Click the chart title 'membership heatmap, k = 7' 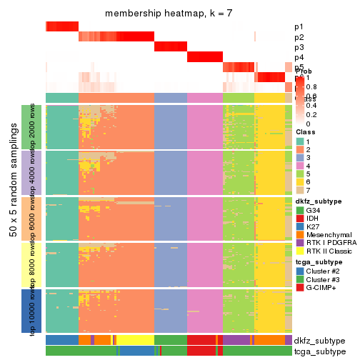coord(169,14)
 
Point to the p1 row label coord(299,27)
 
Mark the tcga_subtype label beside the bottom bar coord(319,351)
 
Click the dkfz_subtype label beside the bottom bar coord(319,341)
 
